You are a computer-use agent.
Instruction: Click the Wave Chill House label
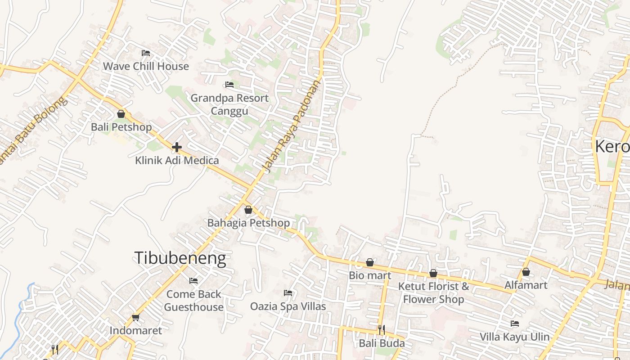click(146, 67)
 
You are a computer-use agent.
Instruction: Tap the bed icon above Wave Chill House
click(145, 53)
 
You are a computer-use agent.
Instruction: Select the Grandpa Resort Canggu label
click(229, 104)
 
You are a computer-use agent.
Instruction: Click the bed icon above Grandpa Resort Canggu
click(229, 85)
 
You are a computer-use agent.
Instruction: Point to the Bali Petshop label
click(121, 127)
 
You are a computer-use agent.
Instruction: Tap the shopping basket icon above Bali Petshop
click(121, 114)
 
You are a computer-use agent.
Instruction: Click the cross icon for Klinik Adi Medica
click(177, 147)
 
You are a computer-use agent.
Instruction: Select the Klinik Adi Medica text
click(177, 160)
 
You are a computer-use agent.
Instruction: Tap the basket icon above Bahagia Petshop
click(248, 210)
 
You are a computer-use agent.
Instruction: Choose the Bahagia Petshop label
click(248, 223)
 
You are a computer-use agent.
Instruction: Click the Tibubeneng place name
click(180, 258)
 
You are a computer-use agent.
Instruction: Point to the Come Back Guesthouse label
click(193, 301)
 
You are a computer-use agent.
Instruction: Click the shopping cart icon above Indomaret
click(135, 318)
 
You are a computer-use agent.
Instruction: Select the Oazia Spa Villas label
click(288, 306)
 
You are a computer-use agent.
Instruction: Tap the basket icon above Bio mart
click(370, 262)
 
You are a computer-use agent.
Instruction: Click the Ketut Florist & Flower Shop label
click(433, 292)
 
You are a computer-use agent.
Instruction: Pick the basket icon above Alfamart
click(526, 272)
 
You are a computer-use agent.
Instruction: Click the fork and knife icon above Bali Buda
click(381, 330)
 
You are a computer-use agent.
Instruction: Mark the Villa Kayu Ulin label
click(514, 337)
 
